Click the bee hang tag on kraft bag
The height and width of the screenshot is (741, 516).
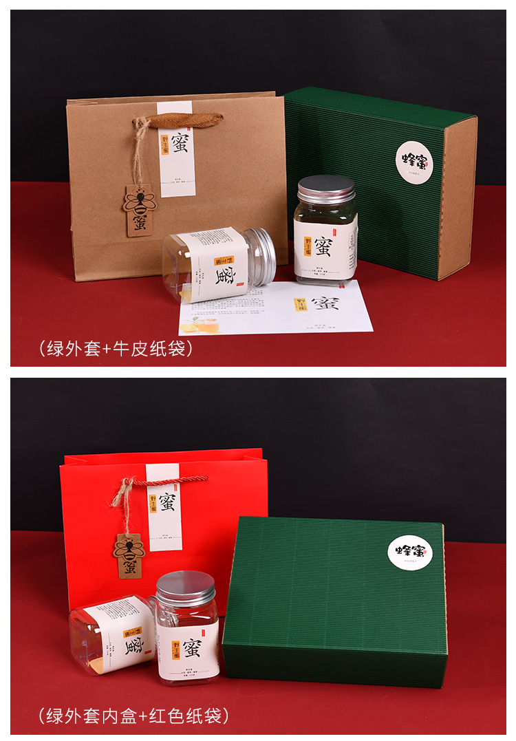coord(140,211)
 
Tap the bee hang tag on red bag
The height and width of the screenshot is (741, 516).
coord(129,555)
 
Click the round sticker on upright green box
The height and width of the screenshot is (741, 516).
coord(414,162)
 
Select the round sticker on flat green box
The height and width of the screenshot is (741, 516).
coord(410,551)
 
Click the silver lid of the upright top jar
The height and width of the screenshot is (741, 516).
coord(326,189)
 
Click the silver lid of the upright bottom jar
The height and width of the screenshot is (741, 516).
coord(185,588)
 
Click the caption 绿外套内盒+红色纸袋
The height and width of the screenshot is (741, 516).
coord(134,716)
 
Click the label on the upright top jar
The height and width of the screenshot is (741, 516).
coord(325,248)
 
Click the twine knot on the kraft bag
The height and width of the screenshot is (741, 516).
coord(140,125)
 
